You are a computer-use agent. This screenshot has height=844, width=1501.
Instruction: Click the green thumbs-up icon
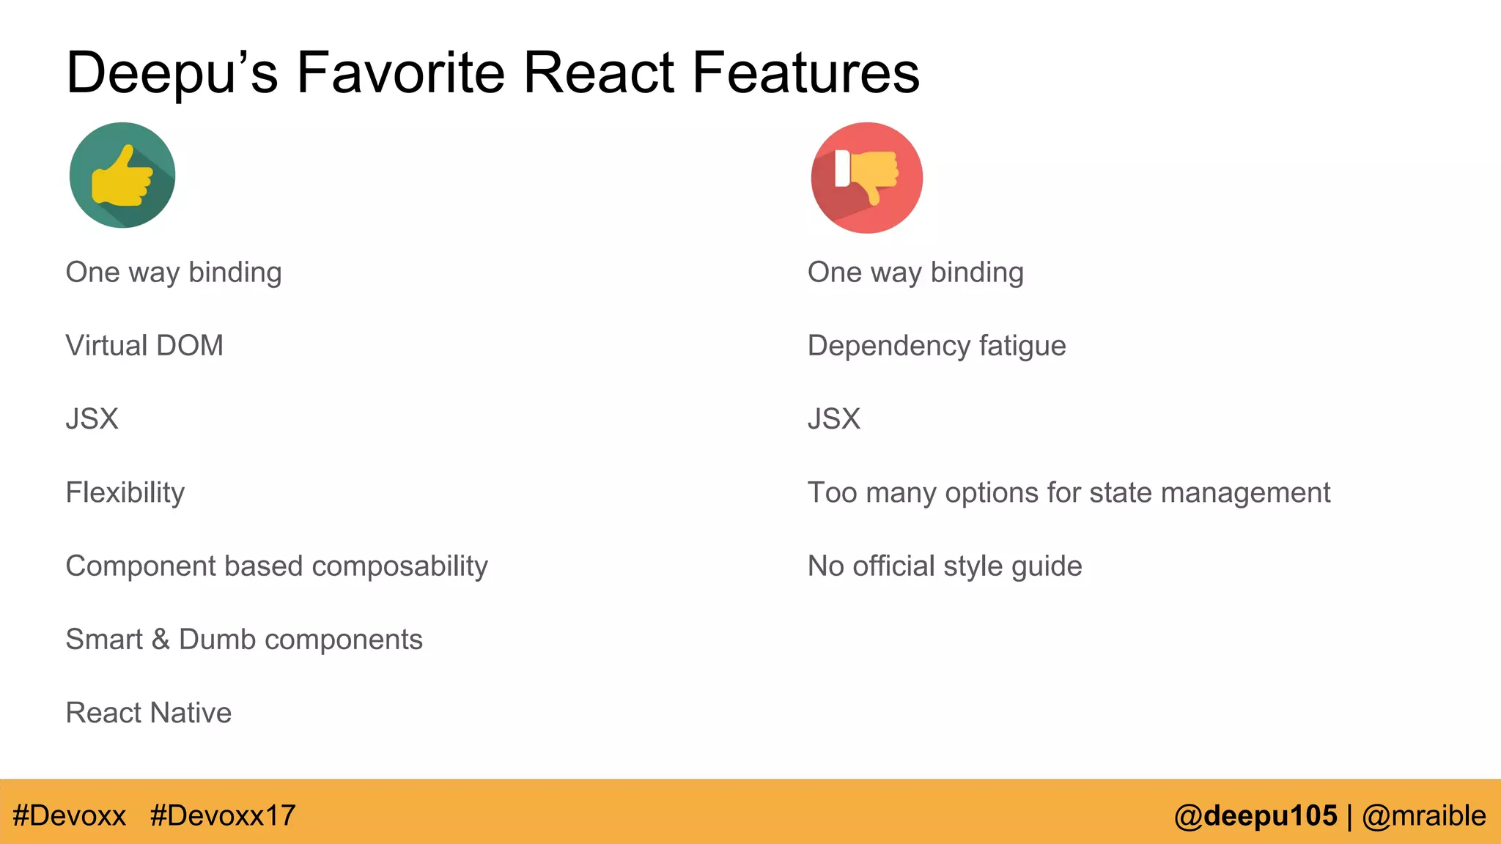click(122, 175)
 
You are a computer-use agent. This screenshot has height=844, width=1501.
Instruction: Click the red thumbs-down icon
click(866, 177)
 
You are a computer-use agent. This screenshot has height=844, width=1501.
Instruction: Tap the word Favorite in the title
click(400, 73)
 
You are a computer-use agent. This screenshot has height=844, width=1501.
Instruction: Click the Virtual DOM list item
click(144, 346)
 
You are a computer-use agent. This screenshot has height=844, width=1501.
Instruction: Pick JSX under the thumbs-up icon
click(92, 419)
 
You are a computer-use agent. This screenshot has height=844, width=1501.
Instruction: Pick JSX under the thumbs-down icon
click(833, 419)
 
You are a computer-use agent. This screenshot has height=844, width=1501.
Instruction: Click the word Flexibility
click(125, 492)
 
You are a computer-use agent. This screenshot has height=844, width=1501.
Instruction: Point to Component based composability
click(276, 566)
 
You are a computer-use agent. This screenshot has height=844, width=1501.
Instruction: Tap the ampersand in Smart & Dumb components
click(161, 640)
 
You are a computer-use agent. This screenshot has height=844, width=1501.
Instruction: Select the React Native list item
click(148, 713)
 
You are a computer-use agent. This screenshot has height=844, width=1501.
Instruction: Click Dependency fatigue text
click(936, 346)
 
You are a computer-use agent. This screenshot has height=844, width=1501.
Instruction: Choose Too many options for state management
click(1068, 492)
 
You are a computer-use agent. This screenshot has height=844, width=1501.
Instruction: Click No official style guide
click(944, 566)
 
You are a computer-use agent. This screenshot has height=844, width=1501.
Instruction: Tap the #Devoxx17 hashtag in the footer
click(222, 815)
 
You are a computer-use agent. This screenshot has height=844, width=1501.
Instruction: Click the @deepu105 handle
click(1255, 815)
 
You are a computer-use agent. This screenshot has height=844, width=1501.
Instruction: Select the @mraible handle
click(1423, 815)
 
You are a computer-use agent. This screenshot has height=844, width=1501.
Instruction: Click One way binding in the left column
click(173, 273)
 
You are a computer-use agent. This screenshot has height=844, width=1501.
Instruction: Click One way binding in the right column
click(915, 273)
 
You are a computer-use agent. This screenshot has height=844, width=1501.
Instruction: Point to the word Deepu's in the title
click(172, 73)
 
